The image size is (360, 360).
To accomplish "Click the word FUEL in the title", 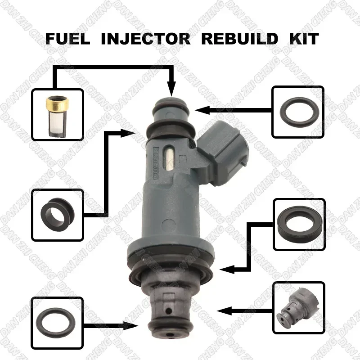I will point(67,38).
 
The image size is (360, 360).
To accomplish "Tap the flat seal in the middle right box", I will point(298,224).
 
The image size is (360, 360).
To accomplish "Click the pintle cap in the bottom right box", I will point(298,308).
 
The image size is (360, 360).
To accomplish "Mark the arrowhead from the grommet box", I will point(133,132).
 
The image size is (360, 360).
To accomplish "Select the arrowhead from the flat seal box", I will point(225,270).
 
